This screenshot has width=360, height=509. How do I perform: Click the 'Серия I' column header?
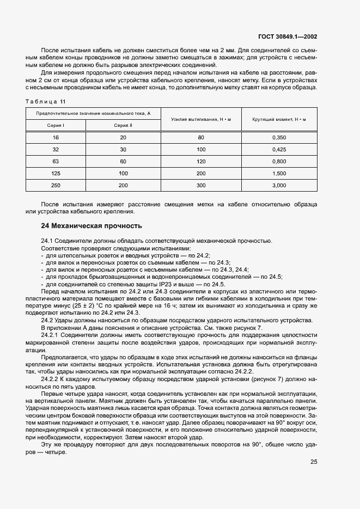(56, 125)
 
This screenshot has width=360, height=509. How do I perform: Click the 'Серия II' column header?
(123, 125)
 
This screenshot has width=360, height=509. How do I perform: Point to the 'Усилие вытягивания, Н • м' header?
(201, 119)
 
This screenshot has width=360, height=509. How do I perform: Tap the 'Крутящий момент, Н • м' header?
(279, 119)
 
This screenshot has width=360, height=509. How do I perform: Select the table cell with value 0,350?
(279, 138)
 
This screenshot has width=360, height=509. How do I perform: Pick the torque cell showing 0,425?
(279, 150)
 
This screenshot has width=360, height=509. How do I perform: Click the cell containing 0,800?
(279, 162)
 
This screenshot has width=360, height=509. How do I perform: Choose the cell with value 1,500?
(279, 174)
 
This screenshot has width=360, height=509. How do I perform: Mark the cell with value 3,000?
(279, 186)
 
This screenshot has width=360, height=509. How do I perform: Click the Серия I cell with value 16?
(56, 138)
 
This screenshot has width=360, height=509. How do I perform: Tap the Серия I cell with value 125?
(56, 174)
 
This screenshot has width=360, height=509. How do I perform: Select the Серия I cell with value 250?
(56, 186)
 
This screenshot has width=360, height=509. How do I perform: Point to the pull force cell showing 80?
(201, 138)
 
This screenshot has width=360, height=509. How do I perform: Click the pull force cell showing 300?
(201, 186)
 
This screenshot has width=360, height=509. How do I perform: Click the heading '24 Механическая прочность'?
(91, 225)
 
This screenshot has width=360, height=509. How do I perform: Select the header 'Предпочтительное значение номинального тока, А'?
(93, 113)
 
